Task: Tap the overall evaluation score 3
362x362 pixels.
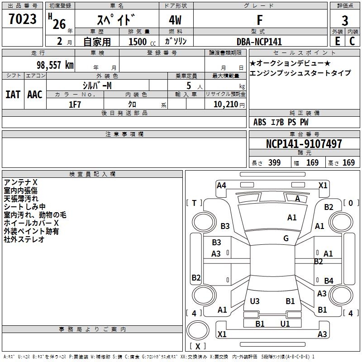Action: [x=345, y=21]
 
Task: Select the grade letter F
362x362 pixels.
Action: [x=260, y=20]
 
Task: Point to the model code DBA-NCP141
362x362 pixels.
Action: [x=259, y=42]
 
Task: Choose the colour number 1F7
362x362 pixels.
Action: [x=75, y=105]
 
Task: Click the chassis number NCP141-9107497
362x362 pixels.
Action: [x=304, y=144]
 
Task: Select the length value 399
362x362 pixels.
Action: [x=274, y=163]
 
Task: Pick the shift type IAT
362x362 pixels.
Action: [x=13, y=95]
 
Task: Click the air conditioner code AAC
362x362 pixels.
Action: [x=35, y=95]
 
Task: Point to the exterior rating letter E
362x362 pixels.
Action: [x=337, y=42]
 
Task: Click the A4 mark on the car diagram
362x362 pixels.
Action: [x=221, y=185]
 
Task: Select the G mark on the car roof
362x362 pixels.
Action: [x=286, y=238]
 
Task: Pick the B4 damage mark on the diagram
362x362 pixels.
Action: [x=329, y=281]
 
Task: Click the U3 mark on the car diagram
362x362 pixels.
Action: [x=255, y=301]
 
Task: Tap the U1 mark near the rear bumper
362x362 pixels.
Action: [x=285, y=324]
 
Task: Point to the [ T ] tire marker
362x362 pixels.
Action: [x=195, y=203]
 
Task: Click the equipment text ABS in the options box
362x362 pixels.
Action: [x=260, y=122]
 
